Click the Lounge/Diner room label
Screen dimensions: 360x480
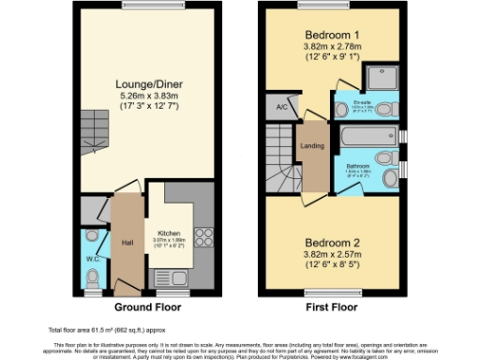click(x=148, y=83)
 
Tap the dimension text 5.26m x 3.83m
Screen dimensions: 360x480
click(x=148, y=95)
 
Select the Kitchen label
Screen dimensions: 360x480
click(x=168, y=232)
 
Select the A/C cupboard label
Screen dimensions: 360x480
click(x=281, y=108)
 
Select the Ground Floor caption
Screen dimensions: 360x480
click(x=146, y=307)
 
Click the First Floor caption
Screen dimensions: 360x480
click(x=333, y=307)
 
